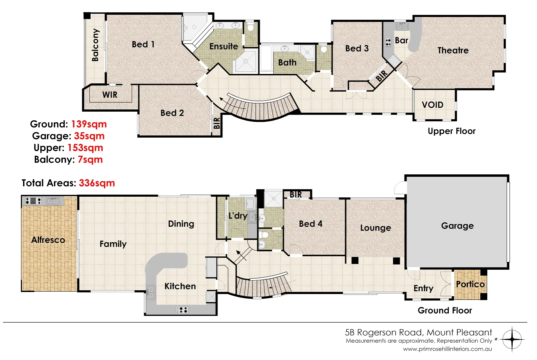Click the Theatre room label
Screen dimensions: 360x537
point(453,50)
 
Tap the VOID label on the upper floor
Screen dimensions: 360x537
point(432,105)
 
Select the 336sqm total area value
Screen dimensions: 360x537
point(97,183)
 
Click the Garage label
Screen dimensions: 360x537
point(457,226)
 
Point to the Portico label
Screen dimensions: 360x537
point(470,284)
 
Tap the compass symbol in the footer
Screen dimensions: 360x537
point(512,339)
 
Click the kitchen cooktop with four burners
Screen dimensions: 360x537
point(182,310)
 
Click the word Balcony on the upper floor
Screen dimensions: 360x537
point(95,45)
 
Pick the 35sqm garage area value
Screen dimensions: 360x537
point(89,136)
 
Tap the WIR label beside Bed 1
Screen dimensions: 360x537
point(110,95)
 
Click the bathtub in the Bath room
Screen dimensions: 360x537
point(266,59)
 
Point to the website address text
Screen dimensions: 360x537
point(447,349)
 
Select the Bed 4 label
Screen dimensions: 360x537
point(310,224)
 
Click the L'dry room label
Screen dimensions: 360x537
point(238,216)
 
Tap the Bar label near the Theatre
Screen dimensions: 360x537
point(401,41)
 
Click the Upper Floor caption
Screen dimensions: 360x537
point(451,131)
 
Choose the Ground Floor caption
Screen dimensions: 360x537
point(445,311)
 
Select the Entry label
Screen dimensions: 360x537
point(423,288)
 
